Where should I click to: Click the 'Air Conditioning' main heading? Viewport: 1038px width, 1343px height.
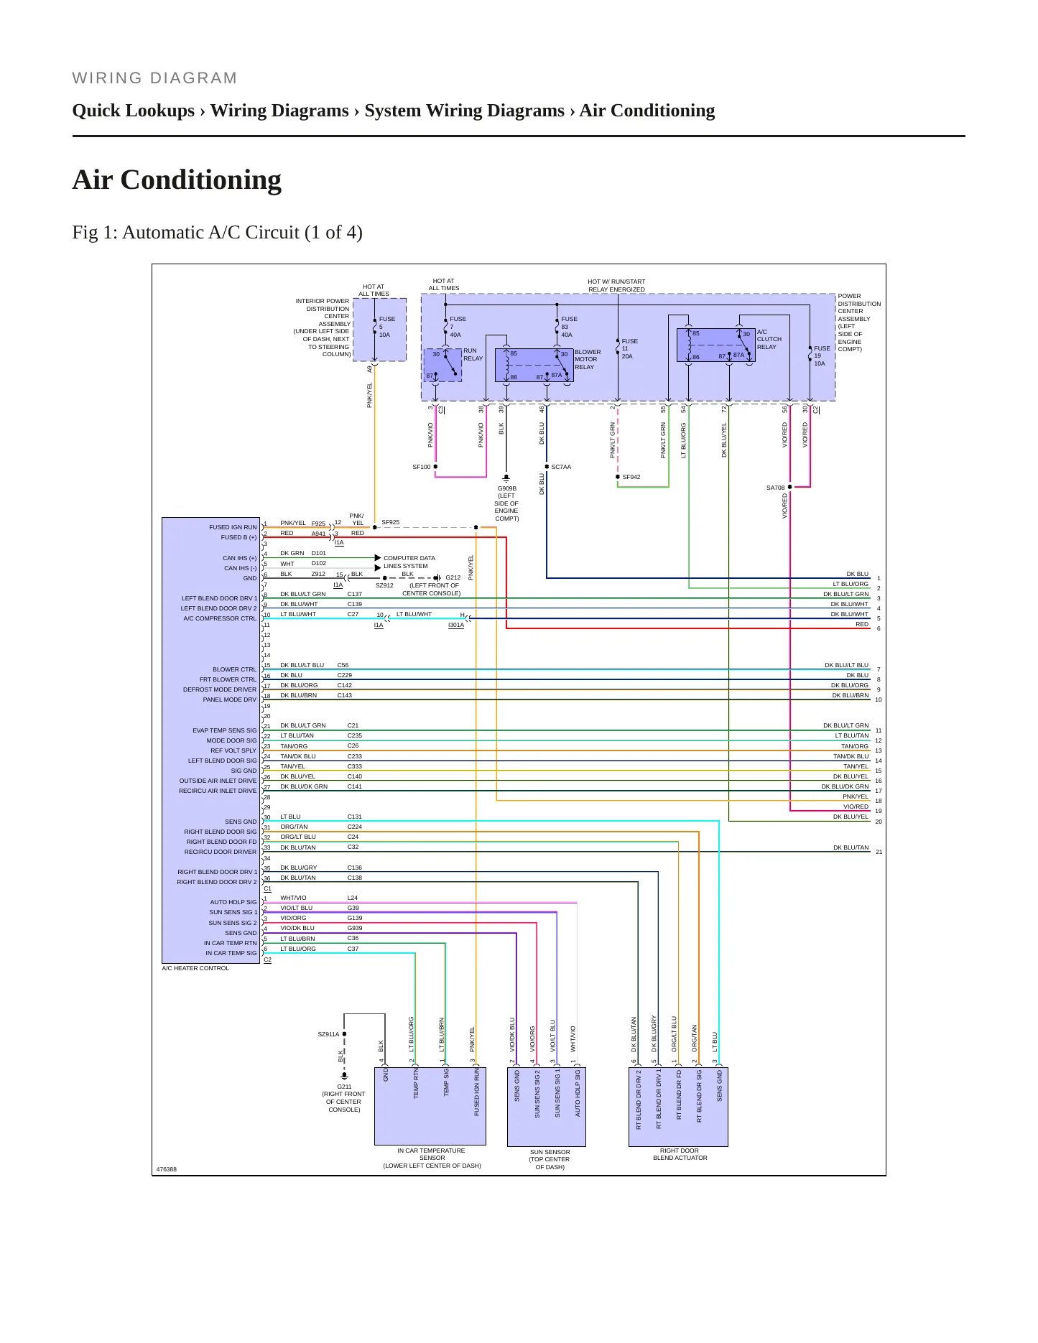coord(177,180)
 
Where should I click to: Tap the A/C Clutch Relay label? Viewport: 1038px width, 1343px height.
coord(769,339)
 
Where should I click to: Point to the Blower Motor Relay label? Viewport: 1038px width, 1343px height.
coord(588,359)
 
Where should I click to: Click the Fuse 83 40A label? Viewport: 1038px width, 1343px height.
coord(567,327)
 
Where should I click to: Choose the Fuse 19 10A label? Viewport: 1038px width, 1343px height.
coord(822,355)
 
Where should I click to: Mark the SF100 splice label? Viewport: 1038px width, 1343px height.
coord(422,467)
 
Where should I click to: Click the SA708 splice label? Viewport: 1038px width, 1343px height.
coord(776,488)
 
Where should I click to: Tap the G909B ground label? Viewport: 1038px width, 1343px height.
coord(506,503)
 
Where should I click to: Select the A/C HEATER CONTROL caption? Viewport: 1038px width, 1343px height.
coord(195,968)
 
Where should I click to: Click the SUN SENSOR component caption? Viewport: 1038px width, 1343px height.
coord(550,1159)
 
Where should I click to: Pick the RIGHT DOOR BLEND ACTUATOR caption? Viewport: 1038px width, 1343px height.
coord(680,1154)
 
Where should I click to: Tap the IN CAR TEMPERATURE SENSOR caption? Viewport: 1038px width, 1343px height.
coord(432,1158)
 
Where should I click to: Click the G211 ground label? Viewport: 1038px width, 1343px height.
coord(344,1098)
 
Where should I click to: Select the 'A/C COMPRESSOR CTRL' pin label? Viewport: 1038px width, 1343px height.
coord(220,618)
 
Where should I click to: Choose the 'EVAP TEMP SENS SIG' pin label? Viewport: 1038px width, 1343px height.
coord(224,730)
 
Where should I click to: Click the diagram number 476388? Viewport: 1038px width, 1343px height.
coord(167,1169)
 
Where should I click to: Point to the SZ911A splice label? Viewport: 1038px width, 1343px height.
coord(328,1034)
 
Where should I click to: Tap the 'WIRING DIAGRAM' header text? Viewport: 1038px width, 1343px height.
coord(154,78)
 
